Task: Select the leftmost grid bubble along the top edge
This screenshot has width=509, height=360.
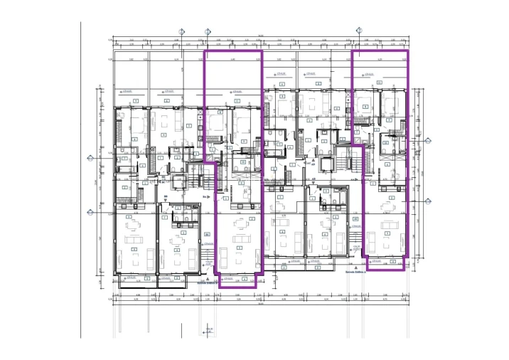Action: pos(182,31)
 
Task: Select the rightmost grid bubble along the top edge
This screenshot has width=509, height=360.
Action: pos(360,30)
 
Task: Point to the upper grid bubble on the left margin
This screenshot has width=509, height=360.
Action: pos(90,159)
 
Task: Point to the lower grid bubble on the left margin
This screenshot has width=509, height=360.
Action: pos(90,212)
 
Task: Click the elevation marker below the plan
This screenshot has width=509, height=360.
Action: pos(207,329)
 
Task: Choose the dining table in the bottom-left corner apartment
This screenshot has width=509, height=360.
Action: pos(135,229)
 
